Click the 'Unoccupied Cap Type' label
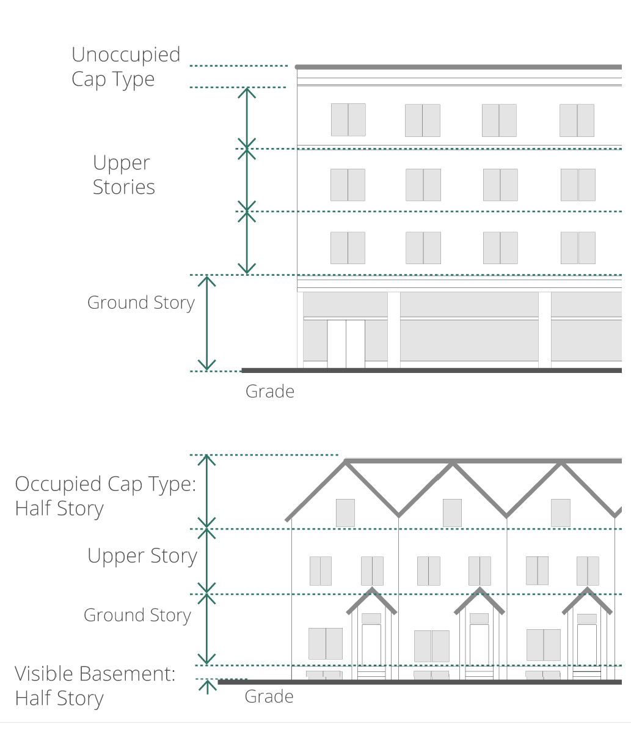click(x=126, y=67)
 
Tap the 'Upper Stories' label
click(x=123, y=175)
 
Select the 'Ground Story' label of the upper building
click(x=140, y=303)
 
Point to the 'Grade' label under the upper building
click(x=269, y=391)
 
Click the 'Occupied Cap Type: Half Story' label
click(x=105, y=496)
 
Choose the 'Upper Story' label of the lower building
click(x=142, y=556)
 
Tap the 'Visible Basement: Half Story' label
click(x=95, y=686)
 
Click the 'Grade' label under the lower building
click(x=269, y=696)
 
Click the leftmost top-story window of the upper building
click(x=348, y=120)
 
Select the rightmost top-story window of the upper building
click(x=577, y=120)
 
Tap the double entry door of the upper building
click(x=346, y=344)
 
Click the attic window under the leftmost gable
click(x=345, y=513)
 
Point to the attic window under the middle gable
click(x=452, y=513)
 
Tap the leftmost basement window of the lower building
click(x=323, y=675)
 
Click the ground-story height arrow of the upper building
click(x=207, y=323)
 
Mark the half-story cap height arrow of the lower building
click(x=207, y=492)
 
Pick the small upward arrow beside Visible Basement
click(x=208, y=686)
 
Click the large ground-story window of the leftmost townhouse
click(x=325, y=644)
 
